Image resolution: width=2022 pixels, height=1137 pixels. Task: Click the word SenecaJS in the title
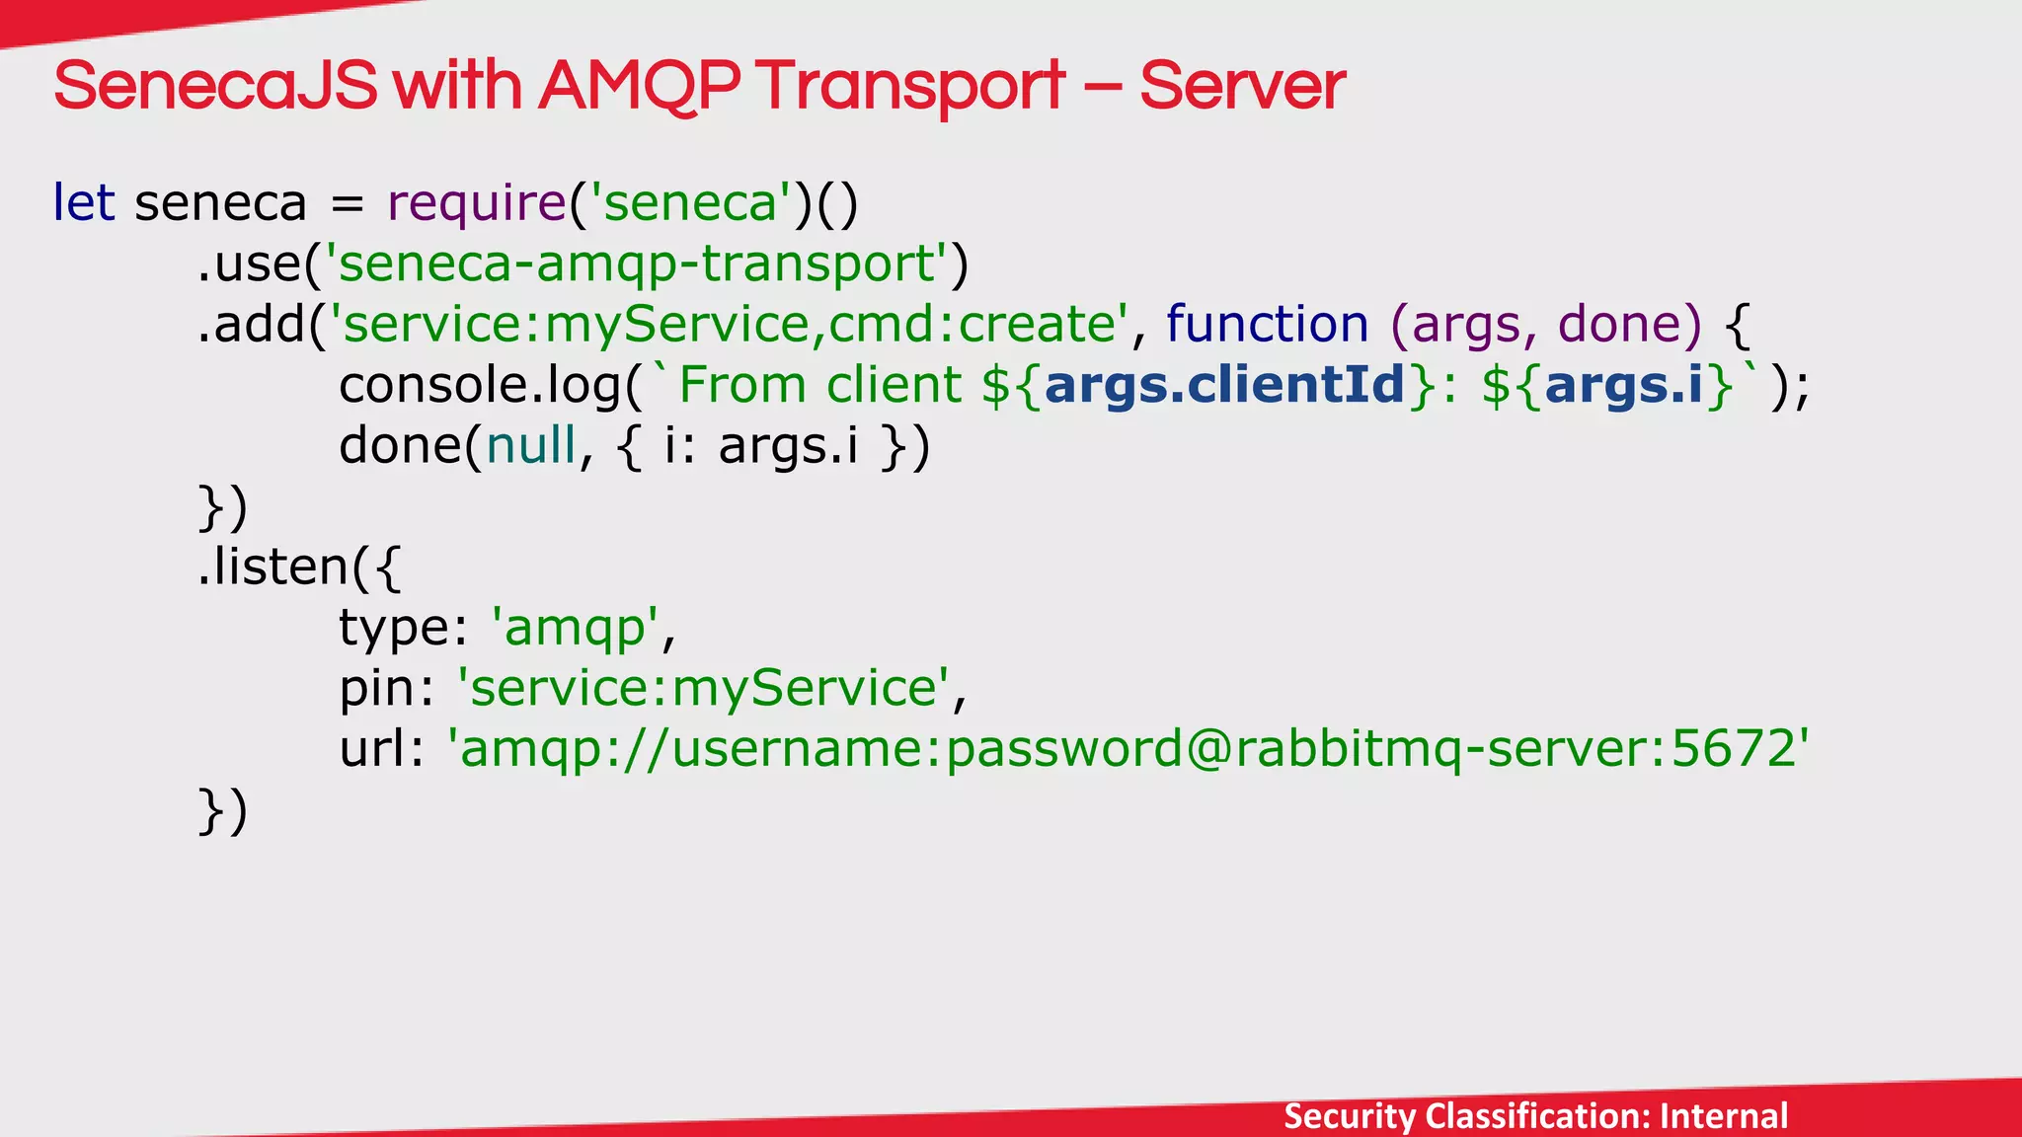[x=215, y=86]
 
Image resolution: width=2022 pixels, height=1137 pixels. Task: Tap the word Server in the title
[x=1242, y=86]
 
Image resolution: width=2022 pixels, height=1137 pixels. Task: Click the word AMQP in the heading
[x=639, y=86]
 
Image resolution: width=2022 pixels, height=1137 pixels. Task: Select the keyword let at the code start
[x=84, y=203]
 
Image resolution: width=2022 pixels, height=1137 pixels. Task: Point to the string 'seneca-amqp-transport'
[x=637, y=265]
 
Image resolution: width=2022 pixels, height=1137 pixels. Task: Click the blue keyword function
[x=1267, y=325]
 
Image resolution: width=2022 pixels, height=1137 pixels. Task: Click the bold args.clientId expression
[x=1224, y=385]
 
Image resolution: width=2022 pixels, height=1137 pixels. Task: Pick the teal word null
[x=531, y=446]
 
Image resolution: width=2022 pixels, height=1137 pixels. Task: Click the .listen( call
[x=286, y=568]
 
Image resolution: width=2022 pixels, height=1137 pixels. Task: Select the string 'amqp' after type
[x=576, y=629]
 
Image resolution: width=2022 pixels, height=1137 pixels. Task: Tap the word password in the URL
[x=1063, y=749]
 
